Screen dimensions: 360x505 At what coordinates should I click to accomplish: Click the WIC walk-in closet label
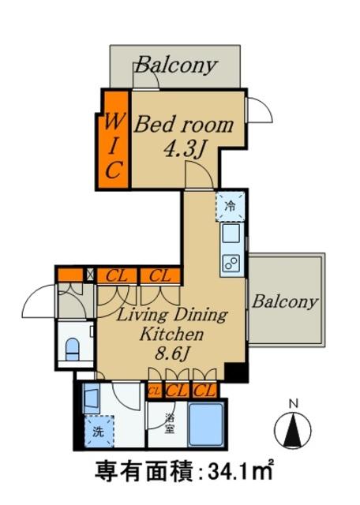coord(114,146)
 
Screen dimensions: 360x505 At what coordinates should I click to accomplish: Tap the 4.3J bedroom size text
coord(185,149)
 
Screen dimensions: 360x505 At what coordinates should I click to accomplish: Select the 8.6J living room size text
coord(171,353)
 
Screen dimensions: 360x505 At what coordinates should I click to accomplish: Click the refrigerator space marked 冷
coord(230,206)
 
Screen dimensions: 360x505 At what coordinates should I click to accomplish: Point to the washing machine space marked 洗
coord(99,432)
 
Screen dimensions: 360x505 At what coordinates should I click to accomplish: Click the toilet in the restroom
coord(72,349)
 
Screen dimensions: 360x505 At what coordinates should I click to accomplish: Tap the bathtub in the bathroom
coord(206,424)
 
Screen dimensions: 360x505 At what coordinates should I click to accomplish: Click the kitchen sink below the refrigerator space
coord(231,234)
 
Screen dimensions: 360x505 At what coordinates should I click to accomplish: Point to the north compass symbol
coord(293,429)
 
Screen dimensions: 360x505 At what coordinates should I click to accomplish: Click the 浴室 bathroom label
coord(170,423)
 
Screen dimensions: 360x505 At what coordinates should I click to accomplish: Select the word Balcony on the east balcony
coord(285,301)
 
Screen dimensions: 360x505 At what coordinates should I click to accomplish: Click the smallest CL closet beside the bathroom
coord(154,391)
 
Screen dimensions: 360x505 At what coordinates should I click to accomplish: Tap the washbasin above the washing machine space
coord(92,398)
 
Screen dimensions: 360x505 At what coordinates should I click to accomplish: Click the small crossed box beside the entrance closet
coord(89,275)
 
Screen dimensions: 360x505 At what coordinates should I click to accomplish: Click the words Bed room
coord(184,125)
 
